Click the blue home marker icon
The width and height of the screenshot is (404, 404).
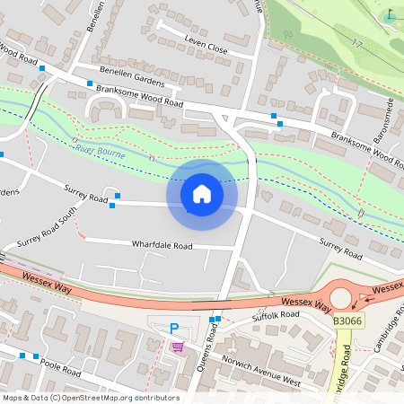(202, 193)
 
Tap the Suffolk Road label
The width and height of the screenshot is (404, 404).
(276, 315)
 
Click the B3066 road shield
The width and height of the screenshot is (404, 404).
(348, 321)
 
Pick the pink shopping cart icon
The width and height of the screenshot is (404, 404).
(178, 347)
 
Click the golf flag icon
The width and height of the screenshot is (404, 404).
(390, 15)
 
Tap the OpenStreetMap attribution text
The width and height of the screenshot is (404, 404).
(90, 398)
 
